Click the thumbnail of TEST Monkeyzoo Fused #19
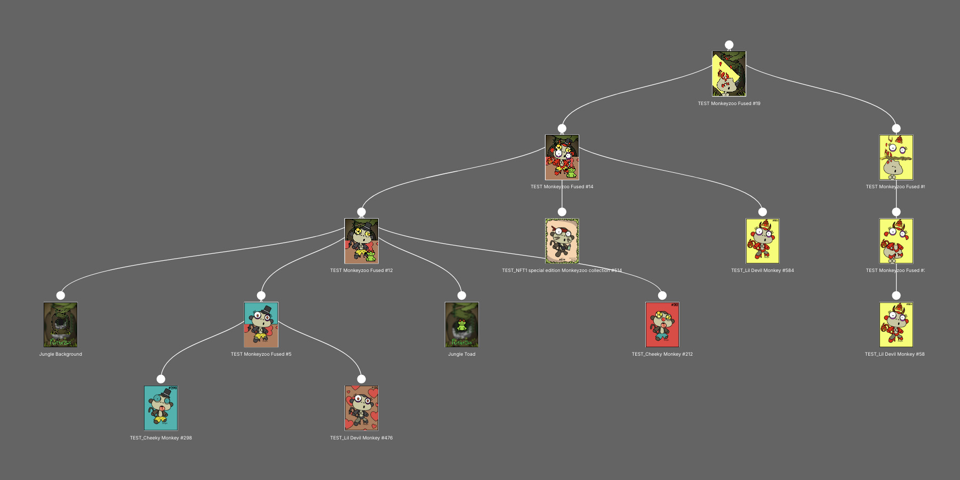[x=729, y=74]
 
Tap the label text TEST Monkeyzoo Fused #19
[x=729, y=103]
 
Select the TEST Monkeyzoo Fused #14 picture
[x=562, y=157]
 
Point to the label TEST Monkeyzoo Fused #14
[x=562, y=187]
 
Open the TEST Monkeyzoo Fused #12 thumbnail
[x=362, y=241]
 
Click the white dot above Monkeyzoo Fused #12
[x=362, y=212]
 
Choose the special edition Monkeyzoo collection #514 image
[x=562, y=241]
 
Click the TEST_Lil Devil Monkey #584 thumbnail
[x=763, y=241]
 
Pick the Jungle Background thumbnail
[x=61, y=325]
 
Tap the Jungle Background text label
[x=61, y=354]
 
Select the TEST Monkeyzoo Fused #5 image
[x=261, y=325]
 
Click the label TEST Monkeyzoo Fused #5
[x=261, y=354]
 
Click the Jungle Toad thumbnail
[x=462, y=325]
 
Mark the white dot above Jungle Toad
[x=462, y=295]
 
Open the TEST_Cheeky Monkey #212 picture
[x=662, y=325]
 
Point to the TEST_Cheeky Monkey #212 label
[x=662, y=354]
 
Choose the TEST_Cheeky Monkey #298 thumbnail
[x=161, y=408]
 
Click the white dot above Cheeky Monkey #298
[x=161, y=379]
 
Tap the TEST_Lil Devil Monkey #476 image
[x=362, y=408]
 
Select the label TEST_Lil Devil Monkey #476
[x=362, y=438]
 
